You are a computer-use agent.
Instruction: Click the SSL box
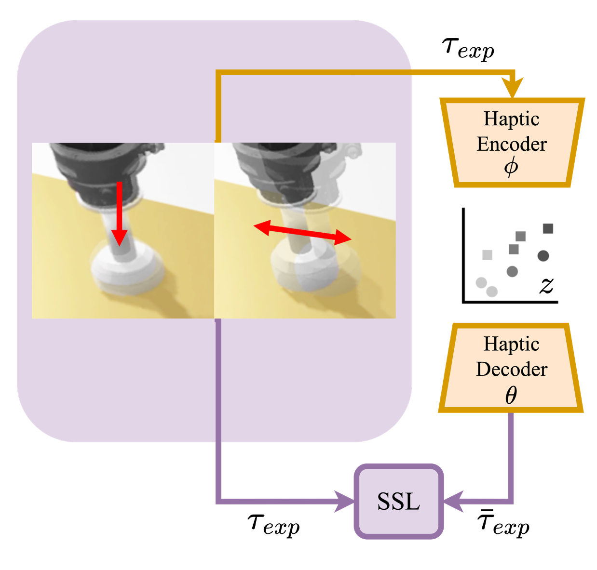(x=398, y=501)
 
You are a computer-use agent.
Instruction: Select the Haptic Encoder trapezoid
(x=512, y=143)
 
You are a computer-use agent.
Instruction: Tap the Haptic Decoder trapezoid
(x=511, y=368)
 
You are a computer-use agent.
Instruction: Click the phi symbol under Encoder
(x=511, y=167)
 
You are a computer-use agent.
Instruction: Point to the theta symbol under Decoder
(x=511, y=395)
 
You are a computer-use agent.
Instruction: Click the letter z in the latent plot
(x=546, y=285)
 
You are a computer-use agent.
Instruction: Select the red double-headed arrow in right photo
(x=302, y=232)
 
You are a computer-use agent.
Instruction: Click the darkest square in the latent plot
(x=548, y=228)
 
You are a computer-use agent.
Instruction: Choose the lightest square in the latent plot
(x=488, y=254)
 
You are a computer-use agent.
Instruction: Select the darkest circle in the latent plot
(x=543, y=255)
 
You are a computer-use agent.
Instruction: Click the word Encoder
(x=512, y=144)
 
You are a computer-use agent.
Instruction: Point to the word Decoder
(x=512, y=370)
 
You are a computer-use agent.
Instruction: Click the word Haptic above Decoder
(x=511, y=344)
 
